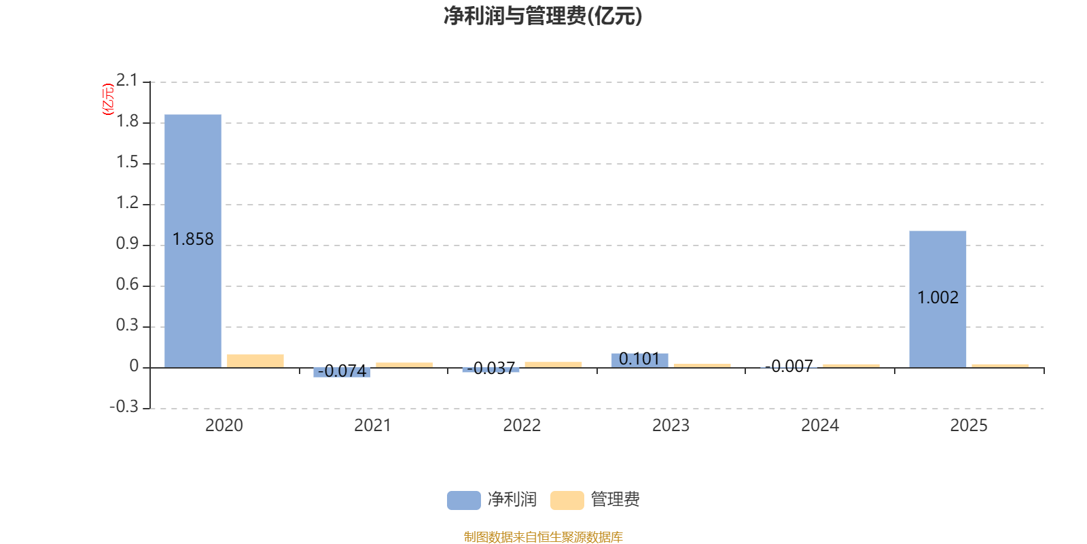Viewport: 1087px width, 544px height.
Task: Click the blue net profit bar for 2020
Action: pyautogui.click(x=193, y=241)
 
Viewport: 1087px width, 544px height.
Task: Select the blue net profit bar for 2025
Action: pyautogui.click(x=938, y=299)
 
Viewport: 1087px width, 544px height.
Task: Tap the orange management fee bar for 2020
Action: pyautogui.click(x=255, y=361)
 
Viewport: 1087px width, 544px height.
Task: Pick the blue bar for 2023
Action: pyautogui.click(x=639, y=360)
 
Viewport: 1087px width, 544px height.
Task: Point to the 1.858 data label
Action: pyautogui.click(x=193, y=239)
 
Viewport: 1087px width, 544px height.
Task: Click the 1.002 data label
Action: pyautogui.click(x=938, y=297)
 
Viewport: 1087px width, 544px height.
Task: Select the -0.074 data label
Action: pyautogui.click(x=342, y=371)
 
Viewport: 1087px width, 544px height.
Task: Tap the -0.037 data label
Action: pyautogui.click(x=491, y=368)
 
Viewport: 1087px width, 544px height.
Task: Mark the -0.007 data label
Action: pyautogui.click(x=789, y=367)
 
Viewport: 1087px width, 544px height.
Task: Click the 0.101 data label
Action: pyautogui.click(x=639, y=359)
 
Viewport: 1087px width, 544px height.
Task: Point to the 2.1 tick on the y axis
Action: pyautogui.click(x=126, y=80)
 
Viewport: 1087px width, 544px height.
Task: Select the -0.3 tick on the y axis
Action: pyautogui.click(x=124, y=407)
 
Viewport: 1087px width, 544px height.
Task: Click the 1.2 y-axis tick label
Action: pyautogui.click(x=126, y=203)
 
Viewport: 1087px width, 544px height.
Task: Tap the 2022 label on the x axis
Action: pyautogui.click(x=522, y=426)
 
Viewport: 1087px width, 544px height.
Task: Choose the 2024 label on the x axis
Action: pyautogui.click(x=819, y=426)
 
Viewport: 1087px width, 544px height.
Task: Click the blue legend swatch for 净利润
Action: pyautogui.click(x=464, y=500)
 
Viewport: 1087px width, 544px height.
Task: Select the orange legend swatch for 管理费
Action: pyautogui.click(x=567, y=500)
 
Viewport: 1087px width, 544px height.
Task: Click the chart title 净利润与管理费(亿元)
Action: pyautogui.click(x=543, y=16)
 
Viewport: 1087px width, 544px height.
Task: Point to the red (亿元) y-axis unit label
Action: pyautogui.click(x=108, y=99)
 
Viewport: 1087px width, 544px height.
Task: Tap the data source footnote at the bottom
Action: pyautogui.click(x=543, y=537)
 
